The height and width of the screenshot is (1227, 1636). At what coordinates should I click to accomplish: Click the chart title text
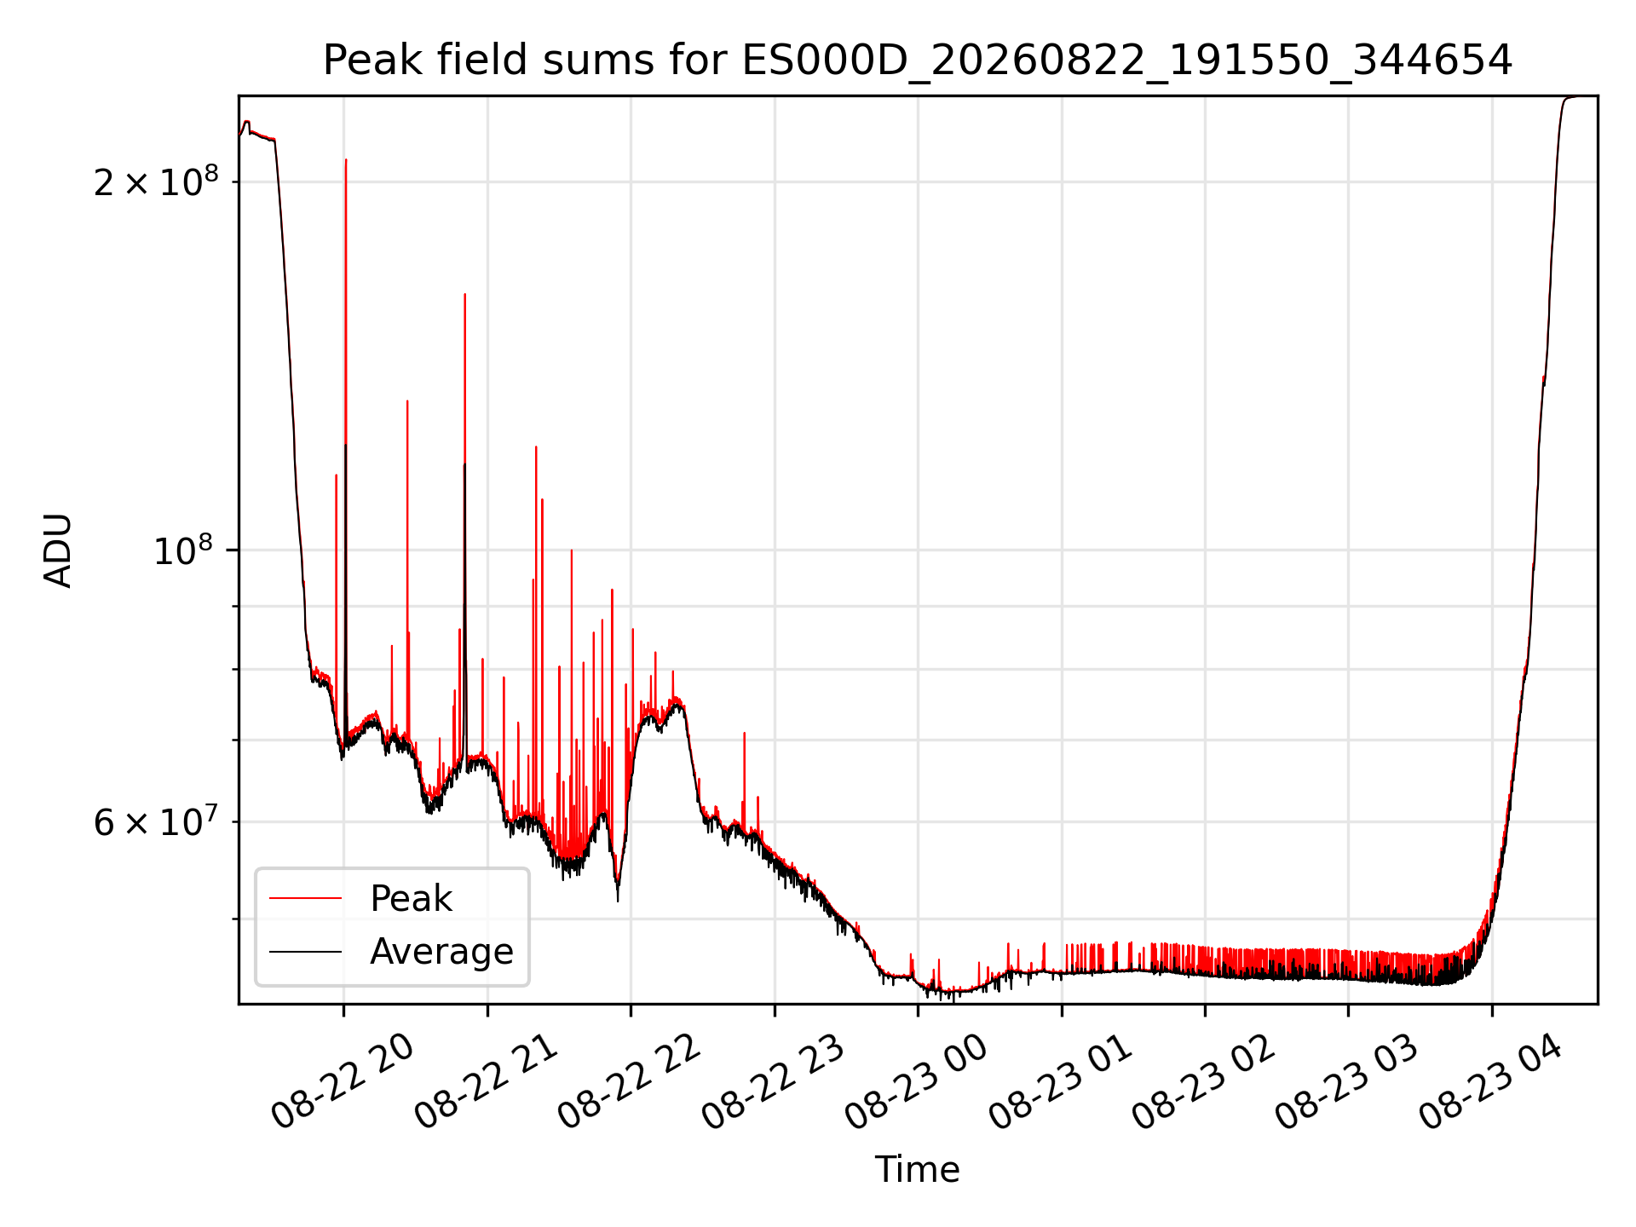click(x=918, y=60)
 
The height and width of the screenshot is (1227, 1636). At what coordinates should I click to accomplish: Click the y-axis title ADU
click(x=58, y=550)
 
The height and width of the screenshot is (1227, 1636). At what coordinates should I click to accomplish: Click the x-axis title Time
click(x=918, y=1170)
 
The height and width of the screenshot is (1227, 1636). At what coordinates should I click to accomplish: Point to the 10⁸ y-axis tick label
click(x=186, y=550)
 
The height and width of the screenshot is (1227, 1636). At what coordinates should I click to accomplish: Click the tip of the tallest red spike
click(x=346, y=159)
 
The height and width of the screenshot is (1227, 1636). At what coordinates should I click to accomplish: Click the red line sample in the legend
click(x=305, y=898)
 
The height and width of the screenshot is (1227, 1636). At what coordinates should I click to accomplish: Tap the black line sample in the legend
click(x=305, y=952)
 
